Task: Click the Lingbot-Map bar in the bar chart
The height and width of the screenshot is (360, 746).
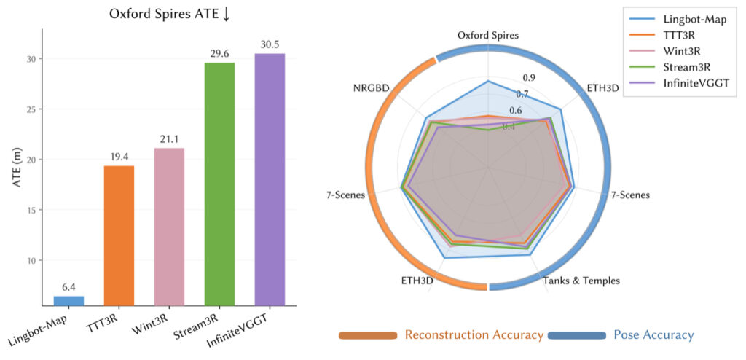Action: click(x=69, y=300)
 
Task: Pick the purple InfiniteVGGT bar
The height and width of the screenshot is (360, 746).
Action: click(x=270, y=179)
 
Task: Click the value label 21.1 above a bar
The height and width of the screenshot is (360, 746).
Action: click(x=169, y=139)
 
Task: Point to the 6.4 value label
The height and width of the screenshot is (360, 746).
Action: click(x=69, y=287)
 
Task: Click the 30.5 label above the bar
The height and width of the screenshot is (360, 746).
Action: click(x=270, y=44)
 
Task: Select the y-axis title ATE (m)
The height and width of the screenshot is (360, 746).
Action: click(x=17, y=167)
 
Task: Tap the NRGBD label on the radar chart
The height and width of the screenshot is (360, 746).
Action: click(x=371, y=88)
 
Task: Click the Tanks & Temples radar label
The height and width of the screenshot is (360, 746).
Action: click(x=582, y=281)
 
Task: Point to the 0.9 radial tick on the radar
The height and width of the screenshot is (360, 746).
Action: click(x=529, y=79)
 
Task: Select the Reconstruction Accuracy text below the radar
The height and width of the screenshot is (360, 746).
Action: click(x=474, y=334)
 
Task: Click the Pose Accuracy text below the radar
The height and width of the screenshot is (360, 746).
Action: click(x=653, y=334)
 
